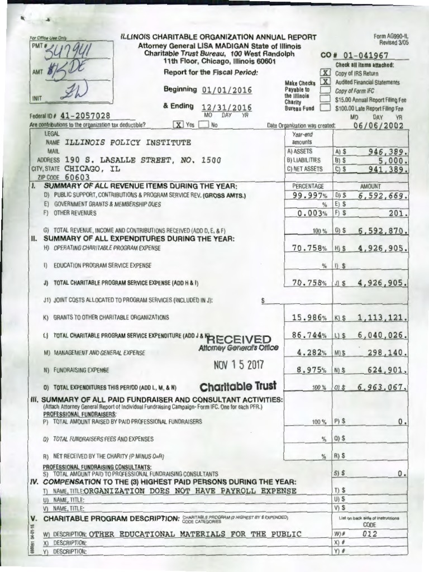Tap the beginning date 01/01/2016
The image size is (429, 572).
(x=227, y=90)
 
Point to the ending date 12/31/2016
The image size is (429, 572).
(x=227, y=108)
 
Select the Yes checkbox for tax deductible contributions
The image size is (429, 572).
(x=179, y=125)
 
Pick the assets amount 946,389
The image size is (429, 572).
(x=387, y=151)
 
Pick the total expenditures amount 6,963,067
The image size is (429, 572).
(x=383, y=387)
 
